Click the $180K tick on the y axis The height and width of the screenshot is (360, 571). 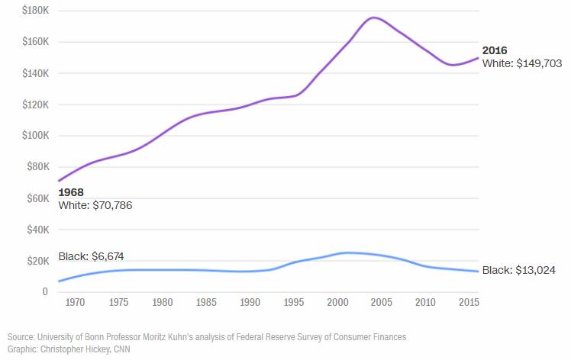tap(36, 11)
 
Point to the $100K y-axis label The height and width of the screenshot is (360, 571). tap(36, 136)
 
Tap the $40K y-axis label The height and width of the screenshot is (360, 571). tap(38, 230)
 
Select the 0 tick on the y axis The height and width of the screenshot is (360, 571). tap(45, 292)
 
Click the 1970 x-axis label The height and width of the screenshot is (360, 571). tap(75, 303)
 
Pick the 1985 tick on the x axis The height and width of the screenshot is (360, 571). tap(206, 303)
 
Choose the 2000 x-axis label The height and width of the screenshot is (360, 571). tap(337, 303)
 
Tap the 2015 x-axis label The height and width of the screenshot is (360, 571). tap(469, 303)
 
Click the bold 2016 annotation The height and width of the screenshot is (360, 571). tap(495, 50)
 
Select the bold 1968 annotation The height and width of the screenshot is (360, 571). tap(71, 192)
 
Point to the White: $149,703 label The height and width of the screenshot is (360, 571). tap(522, 64)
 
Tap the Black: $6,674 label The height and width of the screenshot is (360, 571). tap(91, 256)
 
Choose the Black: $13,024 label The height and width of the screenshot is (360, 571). tap(518, 270)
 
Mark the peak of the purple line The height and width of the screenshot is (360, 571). tap(375, 18)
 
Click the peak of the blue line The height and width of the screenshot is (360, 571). tap(348, 252)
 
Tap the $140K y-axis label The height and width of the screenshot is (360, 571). tap(36, 73)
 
